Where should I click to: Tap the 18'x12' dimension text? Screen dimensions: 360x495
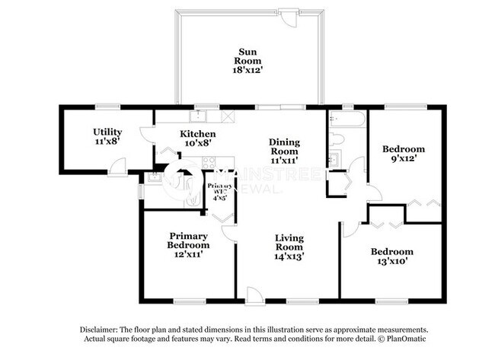click(249, 69)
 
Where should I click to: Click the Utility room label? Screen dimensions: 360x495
click(107, 132)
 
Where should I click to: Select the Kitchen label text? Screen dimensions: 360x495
click(195, 134)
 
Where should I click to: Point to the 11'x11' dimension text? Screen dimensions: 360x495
click(285, 161)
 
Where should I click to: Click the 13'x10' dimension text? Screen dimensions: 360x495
click(392, 263)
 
